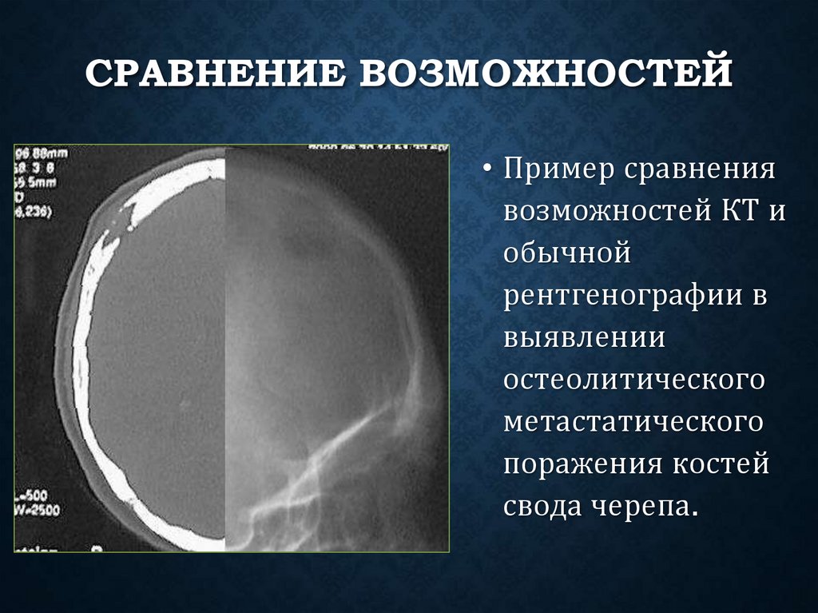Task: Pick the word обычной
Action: (568, 256)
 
